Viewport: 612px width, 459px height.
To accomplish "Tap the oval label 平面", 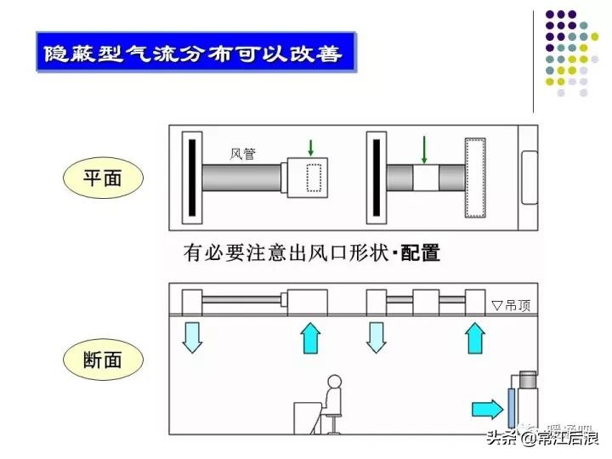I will (104, 179).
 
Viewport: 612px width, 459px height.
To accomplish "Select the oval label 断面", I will (104, 359).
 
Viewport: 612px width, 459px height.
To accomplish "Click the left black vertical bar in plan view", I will (193, 178).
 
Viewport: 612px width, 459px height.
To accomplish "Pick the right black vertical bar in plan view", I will (375, 178).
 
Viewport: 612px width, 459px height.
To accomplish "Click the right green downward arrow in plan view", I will (423, 150).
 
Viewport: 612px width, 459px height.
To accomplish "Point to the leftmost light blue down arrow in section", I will (193, 336).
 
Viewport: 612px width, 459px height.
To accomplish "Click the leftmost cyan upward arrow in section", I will (311, 337).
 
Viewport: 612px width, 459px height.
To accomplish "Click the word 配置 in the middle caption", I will (421, 253).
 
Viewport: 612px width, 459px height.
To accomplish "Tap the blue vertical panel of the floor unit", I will (510, 406).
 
